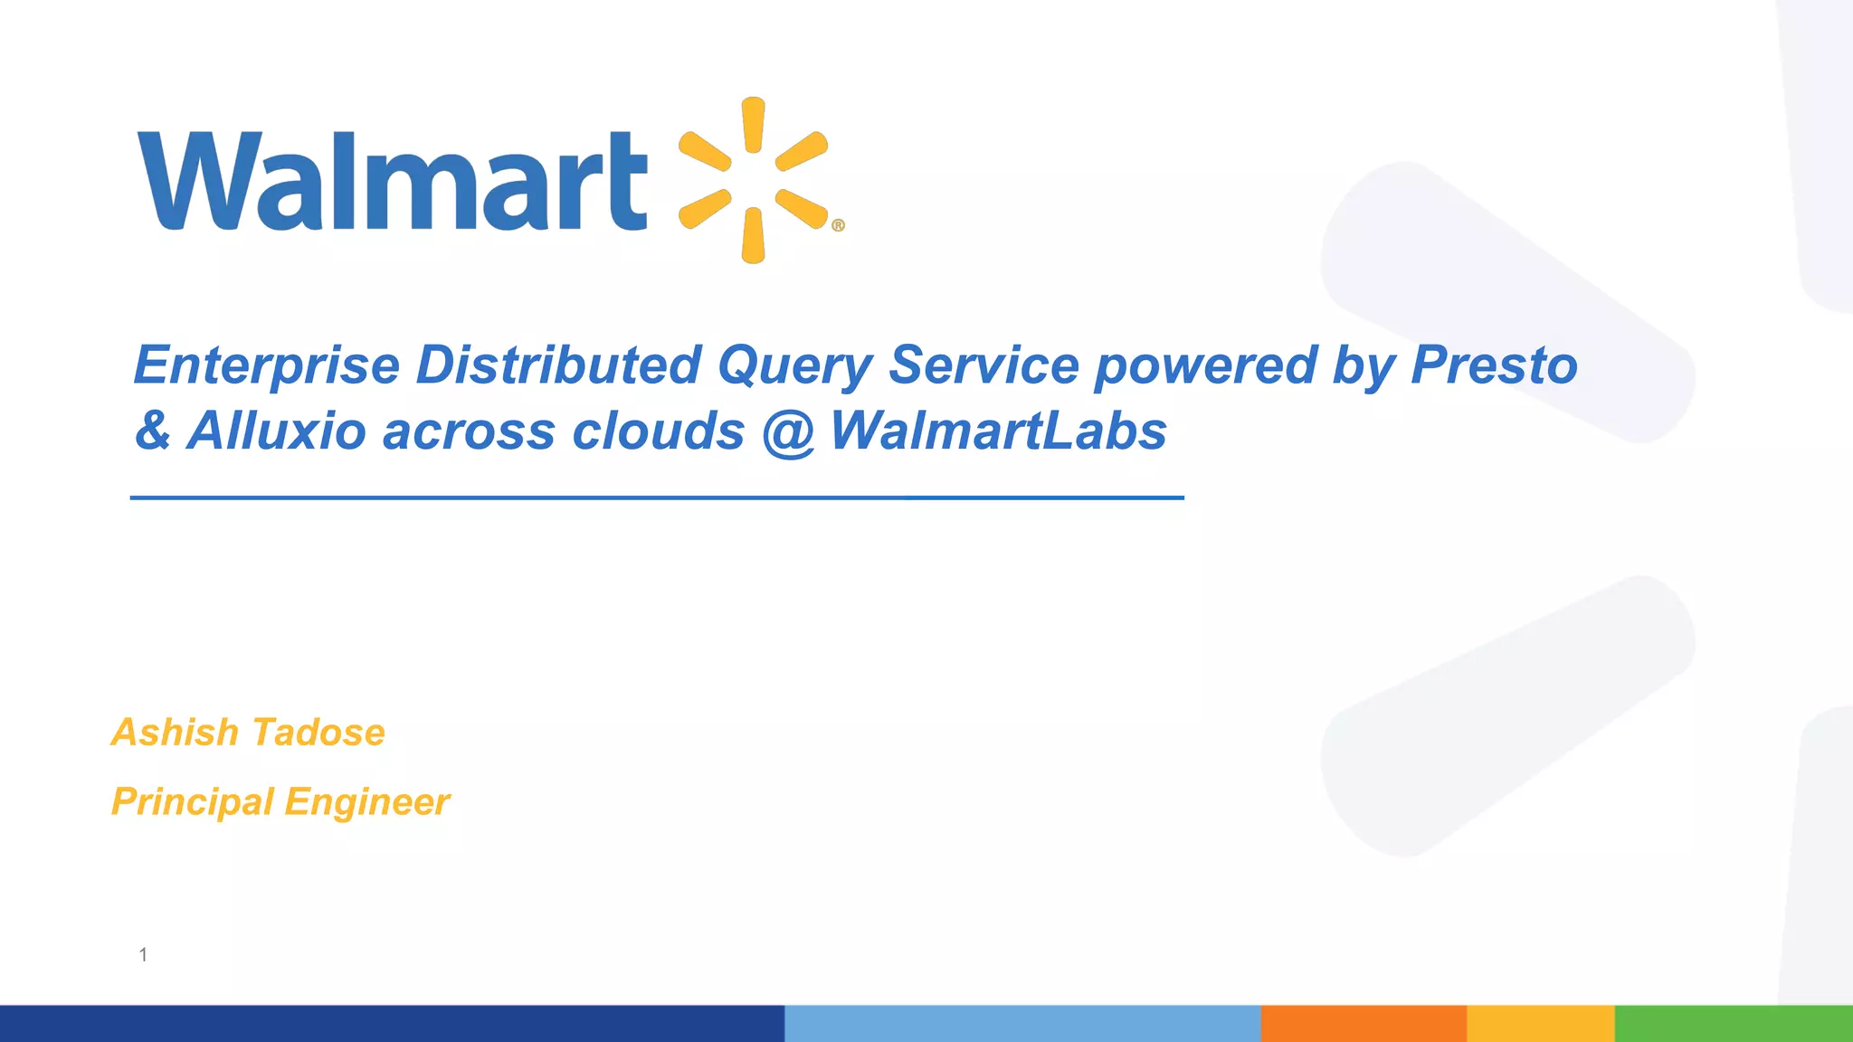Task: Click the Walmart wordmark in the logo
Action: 393,181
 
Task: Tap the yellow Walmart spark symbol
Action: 753,180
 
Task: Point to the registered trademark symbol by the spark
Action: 838,225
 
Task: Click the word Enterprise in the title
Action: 267,365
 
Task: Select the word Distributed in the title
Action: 558,365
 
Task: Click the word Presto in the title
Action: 1494,365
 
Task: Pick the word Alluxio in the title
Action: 276,431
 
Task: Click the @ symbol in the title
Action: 788,432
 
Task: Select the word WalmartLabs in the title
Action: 998,431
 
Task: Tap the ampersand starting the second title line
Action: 153,431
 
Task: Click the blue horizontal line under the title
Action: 657,497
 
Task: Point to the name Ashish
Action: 175,733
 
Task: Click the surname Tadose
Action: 318,733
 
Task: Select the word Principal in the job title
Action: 192,802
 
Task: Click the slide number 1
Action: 143,955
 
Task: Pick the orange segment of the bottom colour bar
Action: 1364,1023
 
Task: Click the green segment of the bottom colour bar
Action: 1734,1023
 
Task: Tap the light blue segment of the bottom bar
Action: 1022,1023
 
